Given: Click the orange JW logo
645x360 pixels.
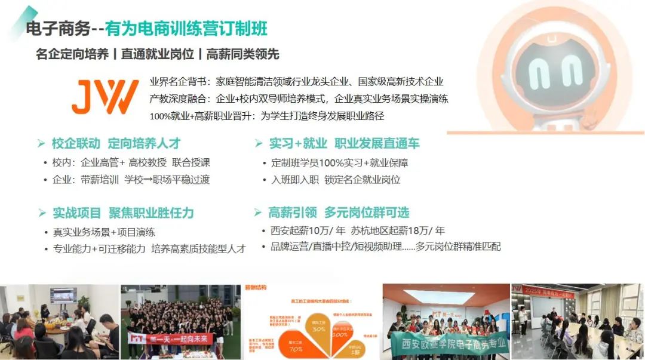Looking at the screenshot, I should [x=105, y=96].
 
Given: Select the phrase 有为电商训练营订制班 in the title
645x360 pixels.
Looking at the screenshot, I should [x=186, y=28].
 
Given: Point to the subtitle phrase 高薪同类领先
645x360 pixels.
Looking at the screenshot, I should [x=243, y=54].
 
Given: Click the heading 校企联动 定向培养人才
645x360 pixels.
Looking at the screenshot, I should [x=116, y=143].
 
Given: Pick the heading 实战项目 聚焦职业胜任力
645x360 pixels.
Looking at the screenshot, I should [x=123, y=213].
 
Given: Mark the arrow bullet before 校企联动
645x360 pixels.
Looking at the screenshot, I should [x=41, y=143].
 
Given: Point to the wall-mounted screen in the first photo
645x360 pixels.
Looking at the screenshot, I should [x=63, y=295].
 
